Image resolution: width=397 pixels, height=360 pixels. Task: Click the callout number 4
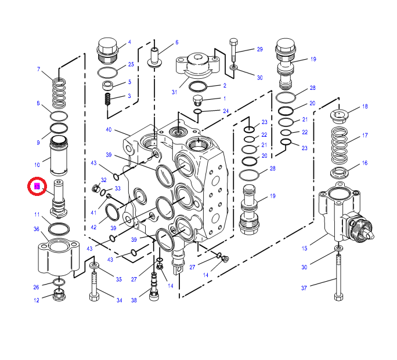coord(129,42)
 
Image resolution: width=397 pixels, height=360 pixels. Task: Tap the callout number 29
coord(259,49)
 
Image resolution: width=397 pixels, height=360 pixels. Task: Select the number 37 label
coord(320,288)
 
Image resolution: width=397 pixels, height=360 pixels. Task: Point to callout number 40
coord(109,129)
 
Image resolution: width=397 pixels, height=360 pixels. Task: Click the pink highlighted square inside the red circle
coord(37,186)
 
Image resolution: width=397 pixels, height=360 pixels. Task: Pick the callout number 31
coord(174,92)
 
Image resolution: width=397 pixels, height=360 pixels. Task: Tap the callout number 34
coord(120,300)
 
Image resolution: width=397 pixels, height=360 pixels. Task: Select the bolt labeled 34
coord(94,285)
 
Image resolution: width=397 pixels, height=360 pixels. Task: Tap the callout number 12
coord(36,300)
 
